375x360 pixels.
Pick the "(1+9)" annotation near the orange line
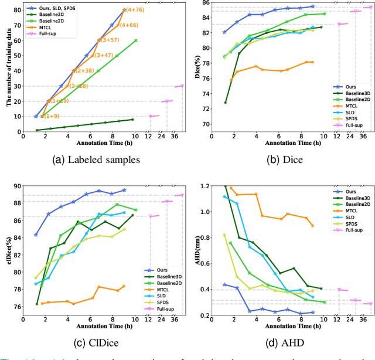52,116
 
